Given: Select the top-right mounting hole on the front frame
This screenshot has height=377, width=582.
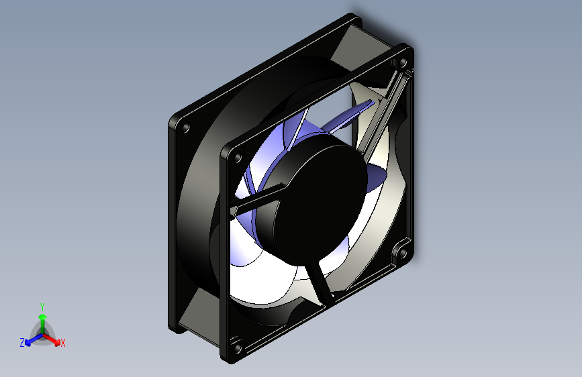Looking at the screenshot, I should click(403, 62).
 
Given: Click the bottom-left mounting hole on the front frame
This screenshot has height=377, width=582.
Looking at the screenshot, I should click(237, 347).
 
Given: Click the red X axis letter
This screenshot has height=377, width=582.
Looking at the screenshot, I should click(63, 343).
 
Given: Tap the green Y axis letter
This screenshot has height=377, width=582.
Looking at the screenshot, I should click(42, 305).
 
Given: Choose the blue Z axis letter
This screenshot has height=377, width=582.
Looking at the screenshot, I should click(22, 343).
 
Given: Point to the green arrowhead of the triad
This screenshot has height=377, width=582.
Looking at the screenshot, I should click(42, 316).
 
